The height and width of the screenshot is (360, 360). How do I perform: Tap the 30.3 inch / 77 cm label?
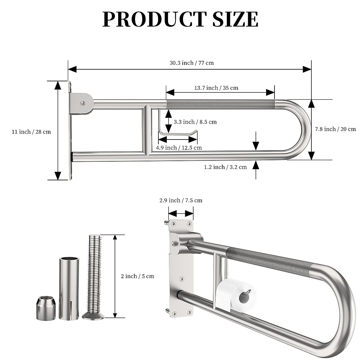(192, 63)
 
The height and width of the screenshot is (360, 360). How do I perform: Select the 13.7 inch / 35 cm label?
(216, 88)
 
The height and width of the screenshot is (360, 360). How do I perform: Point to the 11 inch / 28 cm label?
(31, 132)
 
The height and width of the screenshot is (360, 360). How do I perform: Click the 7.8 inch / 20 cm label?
(335, 129)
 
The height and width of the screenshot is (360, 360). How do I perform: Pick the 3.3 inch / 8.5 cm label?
(195, 122)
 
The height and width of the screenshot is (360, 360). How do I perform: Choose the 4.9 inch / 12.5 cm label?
(179, 148)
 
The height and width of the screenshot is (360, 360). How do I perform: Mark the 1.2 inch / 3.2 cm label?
(225, 167)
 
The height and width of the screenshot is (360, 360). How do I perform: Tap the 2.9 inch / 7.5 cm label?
(181, 200)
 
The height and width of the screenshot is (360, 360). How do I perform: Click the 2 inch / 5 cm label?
(137, 276)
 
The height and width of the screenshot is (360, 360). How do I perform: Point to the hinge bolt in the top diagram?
(82, 103)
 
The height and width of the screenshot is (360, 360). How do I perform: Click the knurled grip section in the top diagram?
(220, 104)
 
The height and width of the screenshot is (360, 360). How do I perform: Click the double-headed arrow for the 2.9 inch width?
(181, 214)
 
